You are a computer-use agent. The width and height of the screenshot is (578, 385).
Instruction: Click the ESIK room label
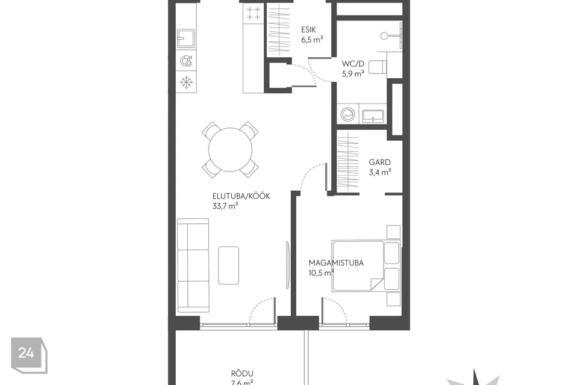(x=308, y=30)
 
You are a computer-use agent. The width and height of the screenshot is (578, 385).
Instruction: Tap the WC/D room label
(x=353, y=64)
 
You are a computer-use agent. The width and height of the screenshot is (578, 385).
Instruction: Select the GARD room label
(x=380, y=162)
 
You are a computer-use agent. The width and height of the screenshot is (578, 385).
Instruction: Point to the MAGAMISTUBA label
(x=336, y=263)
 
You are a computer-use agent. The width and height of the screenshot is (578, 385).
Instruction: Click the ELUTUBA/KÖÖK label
(x=241, y=196)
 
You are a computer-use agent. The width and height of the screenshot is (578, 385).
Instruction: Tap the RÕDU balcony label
(x=242, y=374)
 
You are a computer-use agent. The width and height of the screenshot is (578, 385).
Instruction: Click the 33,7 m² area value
(x=225, y=206)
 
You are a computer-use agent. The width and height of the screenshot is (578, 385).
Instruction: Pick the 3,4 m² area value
(x=380, y=172)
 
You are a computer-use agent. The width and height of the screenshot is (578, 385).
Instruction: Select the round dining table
(x=230, y=150)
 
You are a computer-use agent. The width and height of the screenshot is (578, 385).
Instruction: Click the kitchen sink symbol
(x=186, y=38)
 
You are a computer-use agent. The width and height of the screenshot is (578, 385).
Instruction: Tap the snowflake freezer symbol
(x=187, y=82)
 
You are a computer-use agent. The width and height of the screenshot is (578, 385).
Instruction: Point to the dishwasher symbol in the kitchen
(x=187, y=61)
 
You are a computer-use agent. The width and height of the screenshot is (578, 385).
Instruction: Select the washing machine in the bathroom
(x=347, y=115)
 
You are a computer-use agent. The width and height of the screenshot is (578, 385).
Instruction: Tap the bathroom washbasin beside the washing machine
(x=373, y=116)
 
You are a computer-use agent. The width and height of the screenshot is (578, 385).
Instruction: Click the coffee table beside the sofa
(x=229, y=265)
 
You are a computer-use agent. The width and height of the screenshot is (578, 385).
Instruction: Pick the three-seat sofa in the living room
(x=193, y=266)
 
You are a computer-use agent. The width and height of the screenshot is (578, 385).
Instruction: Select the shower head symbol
(x=385, y=35)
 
